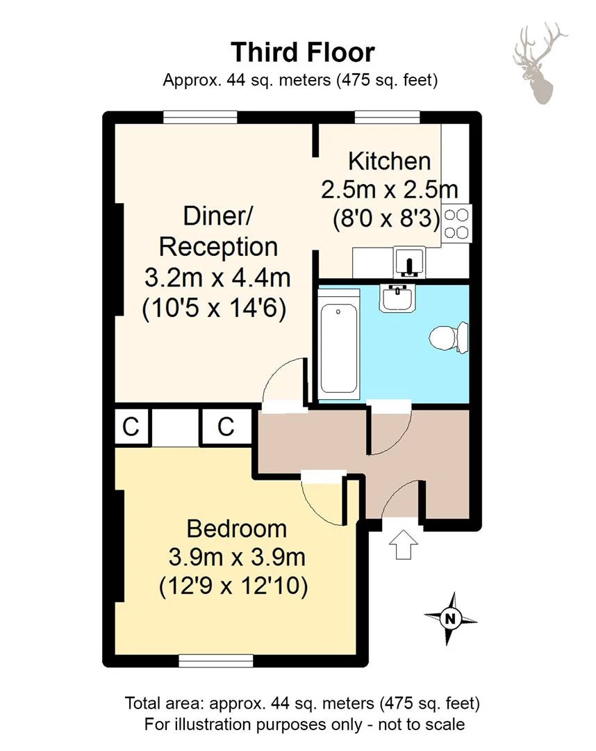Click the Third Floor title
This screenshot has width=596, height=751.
click(x=302, y=53)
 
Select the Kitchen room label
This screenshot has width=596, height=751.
click(x=389, y=161)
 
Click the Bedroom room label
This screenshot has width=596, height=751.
click(x=237, y=528)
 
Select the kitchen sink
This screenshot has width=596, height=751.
click(x=408, y=264)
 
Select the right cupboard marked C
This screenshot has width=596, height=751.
click(x=226, y=427)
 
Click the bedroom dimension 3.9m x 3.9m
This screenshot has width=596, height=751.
click(x=237, y=558)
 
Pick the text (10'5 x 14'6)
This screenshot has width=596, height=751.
click(x=215, y=309)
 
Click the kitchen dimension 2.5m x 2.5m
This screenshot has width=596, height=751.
click(x=389, y=190)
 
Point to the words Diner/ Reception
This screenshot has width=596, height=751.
click(x=218, y=232)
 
